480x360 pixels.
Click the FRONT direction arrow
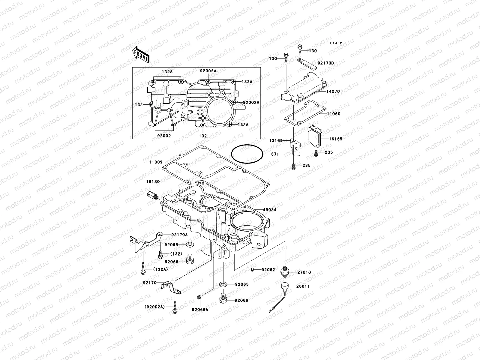point(141,54)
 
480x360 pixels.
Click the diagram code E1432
point(336,43)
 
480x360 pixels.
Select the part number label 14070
point(333,91)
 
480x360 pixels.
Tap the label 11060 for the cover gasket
point(333,114)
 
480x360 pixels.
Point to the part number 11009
point(155,162)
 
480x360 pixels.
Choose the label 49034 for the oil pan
point(270,210)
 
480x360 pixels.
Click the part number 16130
point(153,182)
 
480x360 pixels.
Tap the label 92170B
point(325,63)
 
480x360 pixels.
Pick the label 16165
point(335,139)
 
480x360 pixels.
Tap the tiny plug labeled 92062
point(253,270)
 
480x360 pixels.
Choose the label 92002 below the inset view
point(164,136)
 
